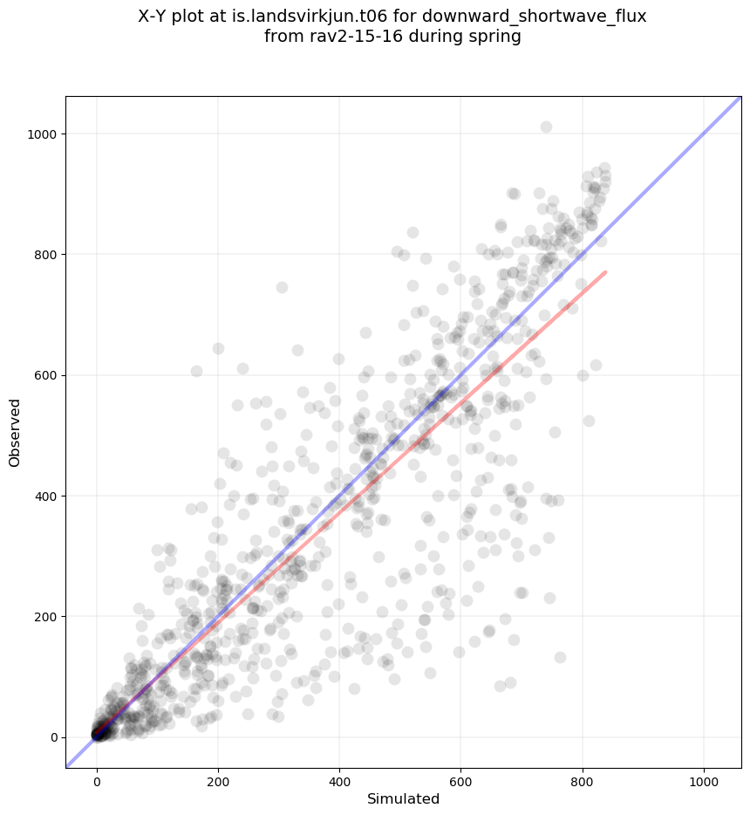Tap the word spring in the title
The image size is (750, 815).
pos(496,38)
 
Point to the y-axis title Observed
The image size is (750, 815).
pos(15,432)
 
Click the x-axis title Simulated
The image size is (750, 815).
pos(403,798)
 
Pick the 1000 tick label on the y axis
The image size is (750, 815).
pos(41,134)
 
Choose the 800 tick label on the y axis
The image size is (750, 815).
pos(44,255)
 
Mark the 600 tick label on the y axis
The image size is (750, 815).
pos(44,375)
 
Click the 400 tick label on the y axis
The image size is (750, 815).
pos(44,496)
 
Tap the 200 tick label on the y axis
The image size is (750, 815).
pos(44,617)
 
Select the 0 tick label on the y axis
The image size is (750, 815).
pos(52,737)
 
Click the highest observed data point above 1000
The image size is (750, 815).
pos(546,127)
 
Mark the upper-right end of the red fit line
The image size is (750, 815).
pos(605,272)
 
